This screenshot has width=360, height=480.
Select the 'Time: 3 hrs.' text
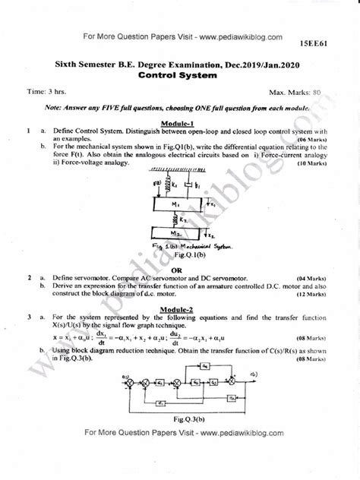point(46,92)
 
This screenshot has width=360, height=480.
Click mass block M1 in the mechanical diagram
point(174,205)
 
